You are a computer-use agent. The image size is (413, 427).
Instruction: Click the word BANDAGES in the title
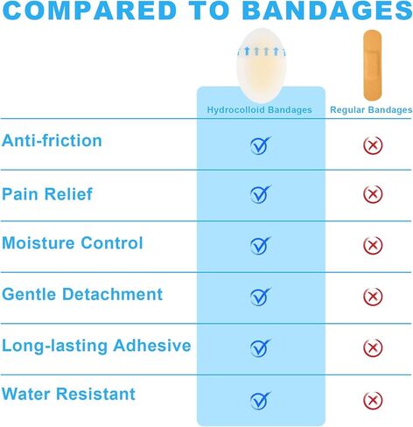point(327,10)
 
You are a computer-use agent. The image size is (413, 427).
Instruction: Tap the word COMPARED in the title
point(89,10)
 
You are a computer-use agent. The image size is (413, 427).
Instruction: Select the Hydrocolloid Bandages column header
point(259,110)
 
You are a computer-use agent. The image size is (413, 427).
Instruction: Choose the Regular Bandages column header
point(371,110)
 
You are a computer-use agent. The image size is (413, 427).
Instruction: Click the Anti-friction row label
point(52,140)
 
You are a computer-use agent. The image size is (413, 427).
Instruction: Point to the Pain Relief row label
point(47,194)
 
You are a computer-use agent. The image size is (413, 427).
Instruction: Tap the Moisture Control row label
point(73,242)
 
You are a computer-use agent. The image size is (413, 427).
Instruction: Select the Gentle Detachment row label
point(82,294)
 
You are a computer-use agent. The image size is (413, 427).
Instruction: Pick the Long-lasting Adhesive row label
point(96,346)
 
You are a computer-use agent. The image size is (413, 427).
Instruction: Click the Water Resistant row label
point(68,394)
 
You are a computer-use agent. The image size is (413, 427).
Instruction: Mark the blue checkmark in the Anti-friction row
point(261,145)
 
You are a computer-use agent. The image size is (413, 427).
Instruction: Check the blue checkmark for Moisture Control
point(261,245)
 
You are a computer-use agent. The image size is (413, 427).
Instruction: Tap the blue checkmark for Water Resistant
point(261,400)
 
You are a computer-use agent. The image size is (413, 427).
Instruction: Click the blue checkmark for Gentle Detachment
point(261,297)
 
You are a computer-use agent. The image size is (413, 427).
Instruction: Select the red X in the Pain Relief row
point(373,194)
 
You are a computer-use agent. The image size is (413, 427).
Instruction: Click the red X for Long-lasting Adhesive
point(373,347)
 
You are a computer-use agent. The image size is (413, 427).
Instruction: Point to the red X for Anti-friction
point(373,145)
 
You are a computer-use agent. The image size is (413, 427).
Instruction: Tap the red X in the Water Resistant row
point(373,400)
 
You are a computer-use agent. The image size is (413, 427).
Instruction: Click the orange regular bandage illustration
point(372,66)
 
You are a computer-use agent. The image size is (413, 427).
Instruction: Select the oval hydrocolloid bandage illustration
point(262,66)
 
